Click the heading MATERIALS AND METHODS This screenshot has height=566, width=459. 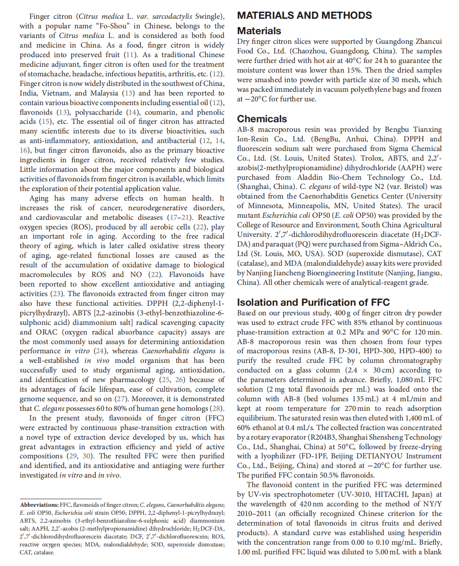click(304, 15)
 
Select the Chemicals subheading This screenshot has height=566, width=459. click(262, 119)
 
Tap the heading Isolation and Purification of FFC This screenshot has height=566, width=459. click(313, 302)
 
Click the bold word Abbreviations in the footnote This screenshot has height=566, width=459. click(39, 505)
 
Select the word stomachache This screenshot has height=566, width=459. click(48, 74)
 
